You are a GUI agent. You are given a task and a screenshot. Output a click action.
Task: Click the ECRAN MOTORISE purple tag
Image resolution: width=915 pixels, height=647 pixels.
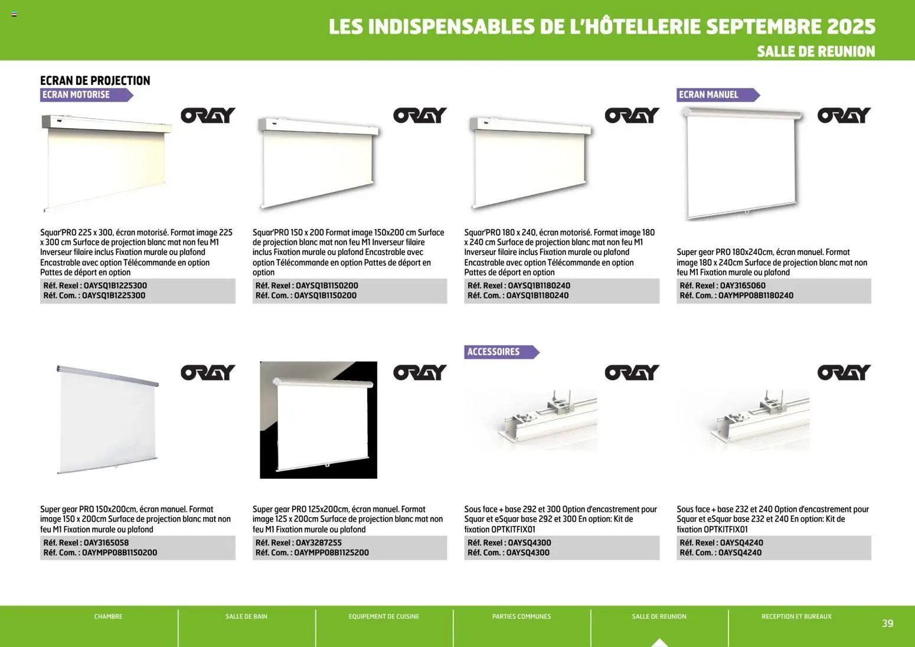77,94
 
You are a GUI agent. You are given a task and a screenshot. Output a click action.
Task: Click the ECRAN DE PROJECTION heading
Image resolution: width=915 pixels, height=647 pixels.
95,80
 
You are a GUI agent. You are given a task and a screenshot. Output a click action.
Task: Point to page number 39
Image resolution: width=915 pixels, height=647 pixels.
887,623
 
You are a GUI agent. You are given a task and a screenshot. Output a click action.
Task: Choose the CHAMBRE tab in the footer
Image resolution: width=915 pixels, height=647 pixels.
109,616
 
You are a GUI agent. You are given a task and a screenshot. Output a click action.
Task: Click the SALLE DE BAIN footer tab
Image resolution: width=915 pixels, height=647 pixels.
246,616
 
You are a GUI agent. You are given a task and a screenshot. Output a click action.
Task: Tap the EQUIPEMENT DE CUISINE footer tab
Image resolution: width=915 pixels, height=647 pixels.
384,616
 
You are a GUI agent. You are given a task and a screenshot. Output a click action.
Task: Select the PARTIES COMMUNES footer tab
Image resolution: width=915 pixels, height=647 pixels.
521,616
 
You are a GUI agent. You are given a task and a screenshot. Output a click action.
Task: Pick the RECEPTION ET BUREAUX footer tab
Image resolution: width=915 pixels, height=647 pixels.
796,616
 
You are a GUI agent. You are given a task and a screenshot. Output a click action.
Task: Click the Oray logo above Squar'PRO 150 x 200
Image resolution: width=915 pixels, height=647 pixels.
420,116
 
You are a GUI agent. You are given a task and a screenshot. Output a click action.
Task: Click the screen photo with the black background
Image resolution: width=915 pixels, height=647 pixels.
318,420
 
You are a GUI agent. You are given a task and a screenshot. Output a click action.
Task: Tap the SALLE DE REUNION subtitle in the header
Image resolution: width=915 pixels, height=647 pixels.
816,51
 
